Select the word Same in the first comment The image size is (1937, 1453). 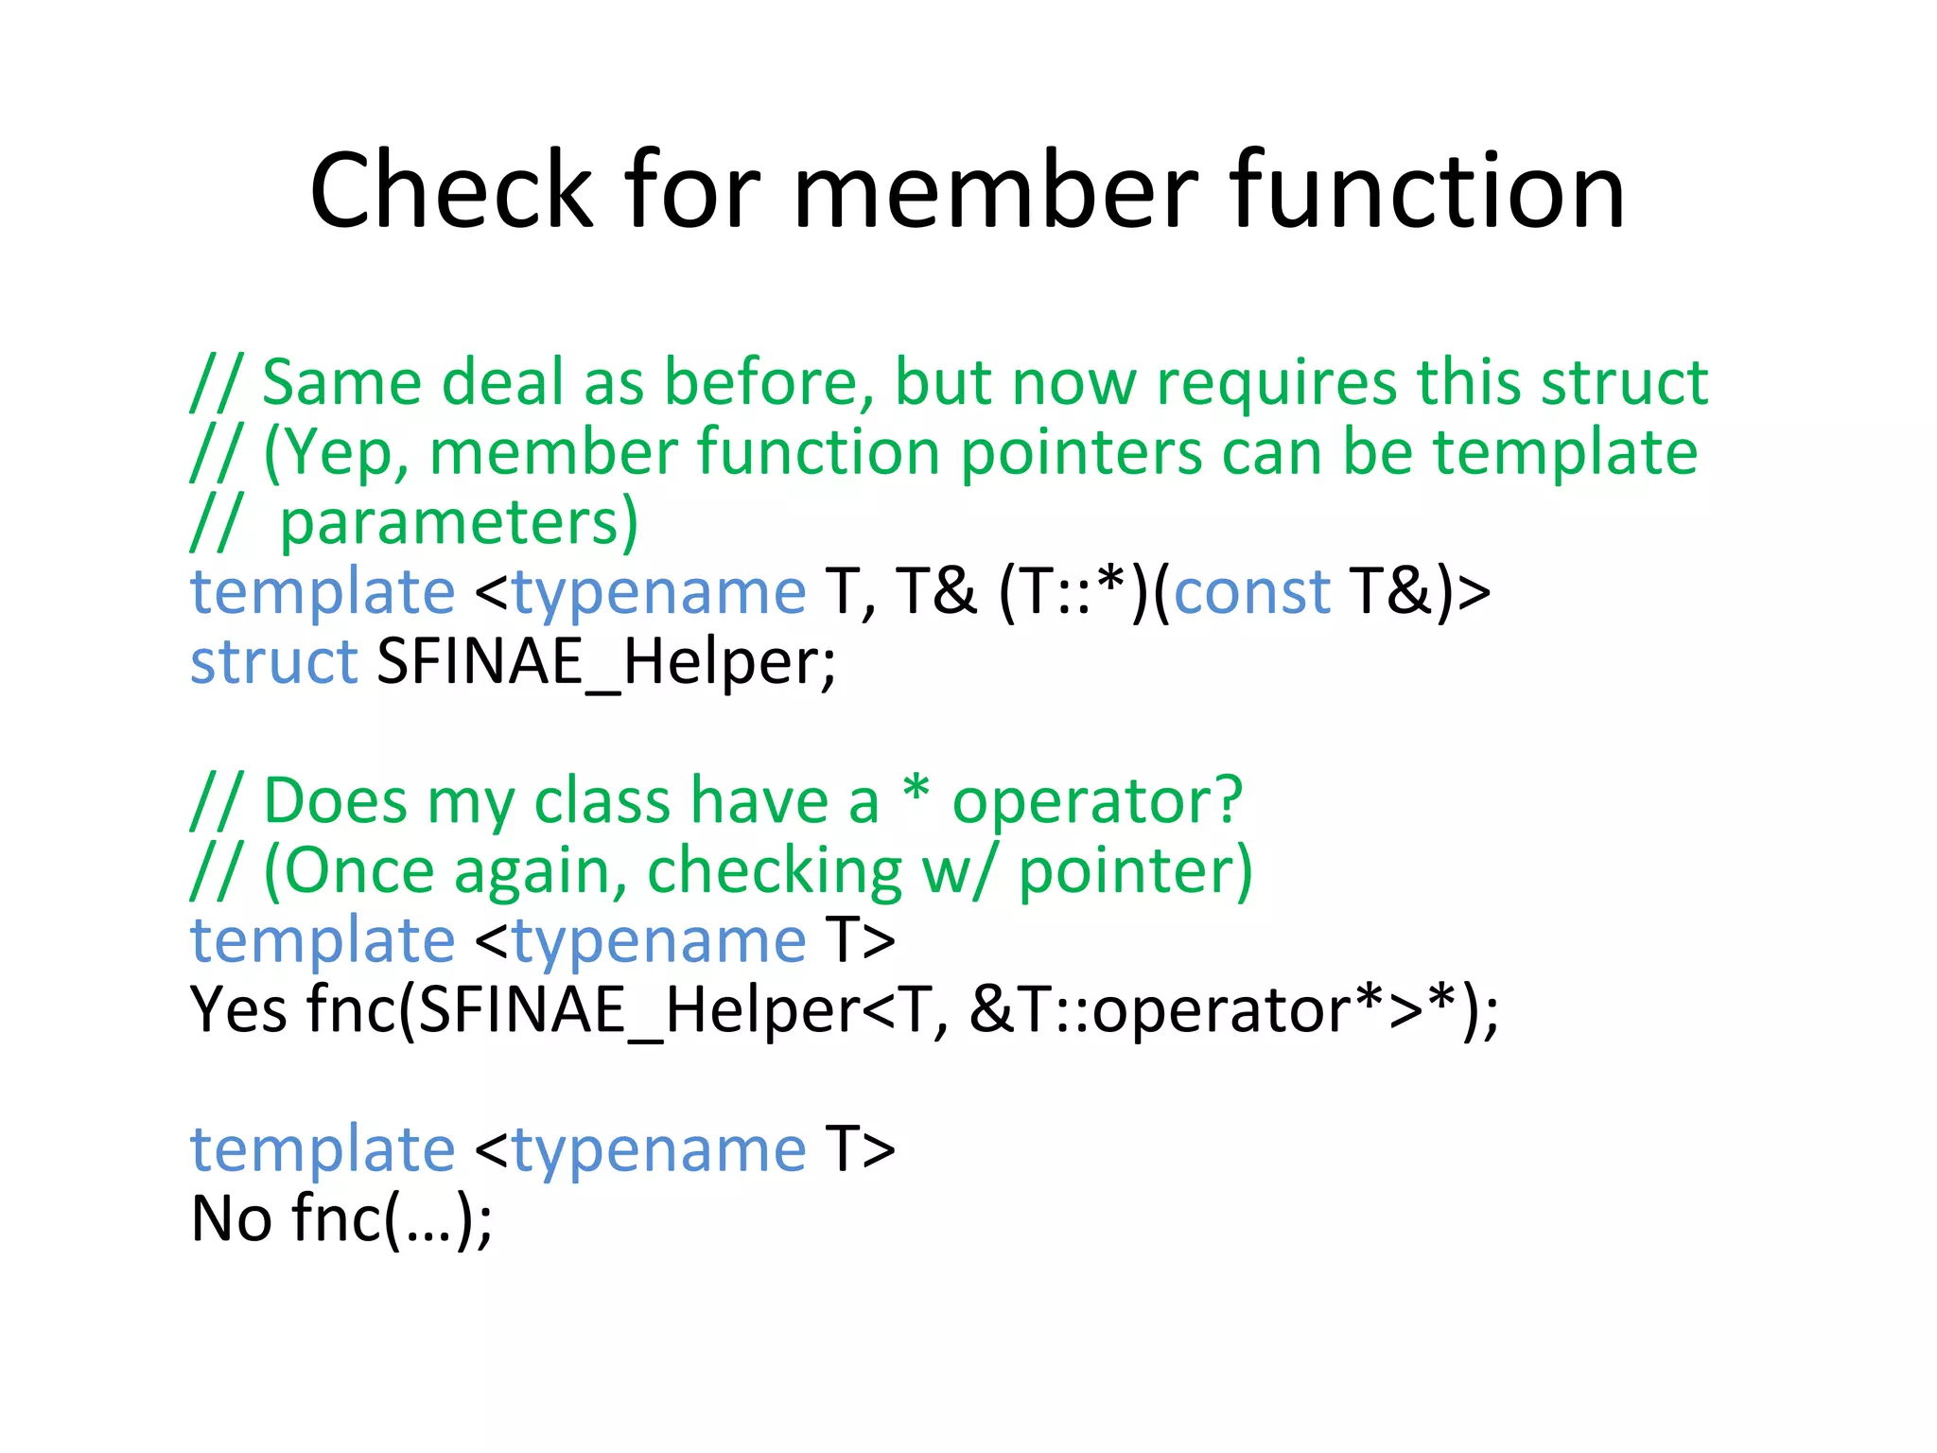[x=341, y=383]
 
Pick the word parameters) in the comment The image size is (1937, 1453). [x=460, y=523]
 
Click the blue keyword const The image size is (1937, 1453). [x=1251, y=593]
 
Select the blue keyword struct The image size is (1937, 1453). [x=273, y=662]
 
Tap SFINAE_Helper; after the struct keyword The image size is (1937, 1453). [x=606, y=662]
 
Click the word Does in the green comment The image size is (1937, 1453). [x=335, y=801]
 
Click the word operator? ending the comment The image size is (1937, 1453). [x=1097, y=801]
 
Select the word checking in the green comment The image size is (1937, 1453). [x=775, y=871]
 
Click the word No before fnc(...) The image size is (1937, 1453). [x=232, y=1219]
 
